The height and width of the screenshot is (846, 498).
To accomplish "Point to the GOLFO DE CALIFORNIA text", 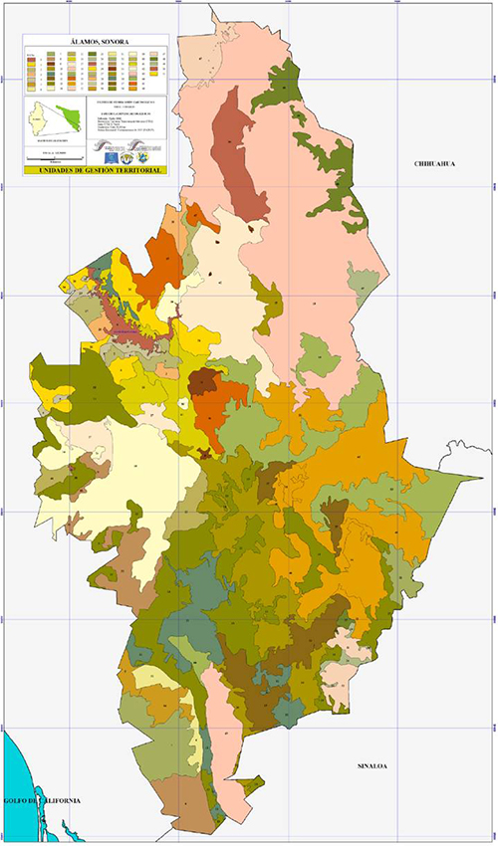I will click(40, 801).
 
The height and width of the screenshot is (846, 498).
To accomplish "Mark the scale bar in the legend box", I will click(50, 157).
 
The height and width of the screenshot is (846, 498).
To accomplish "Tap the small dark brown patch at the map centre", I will click(205, 381).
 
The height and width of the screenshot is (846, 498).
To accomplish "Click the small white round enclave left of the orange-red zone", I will click(183, 403).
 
